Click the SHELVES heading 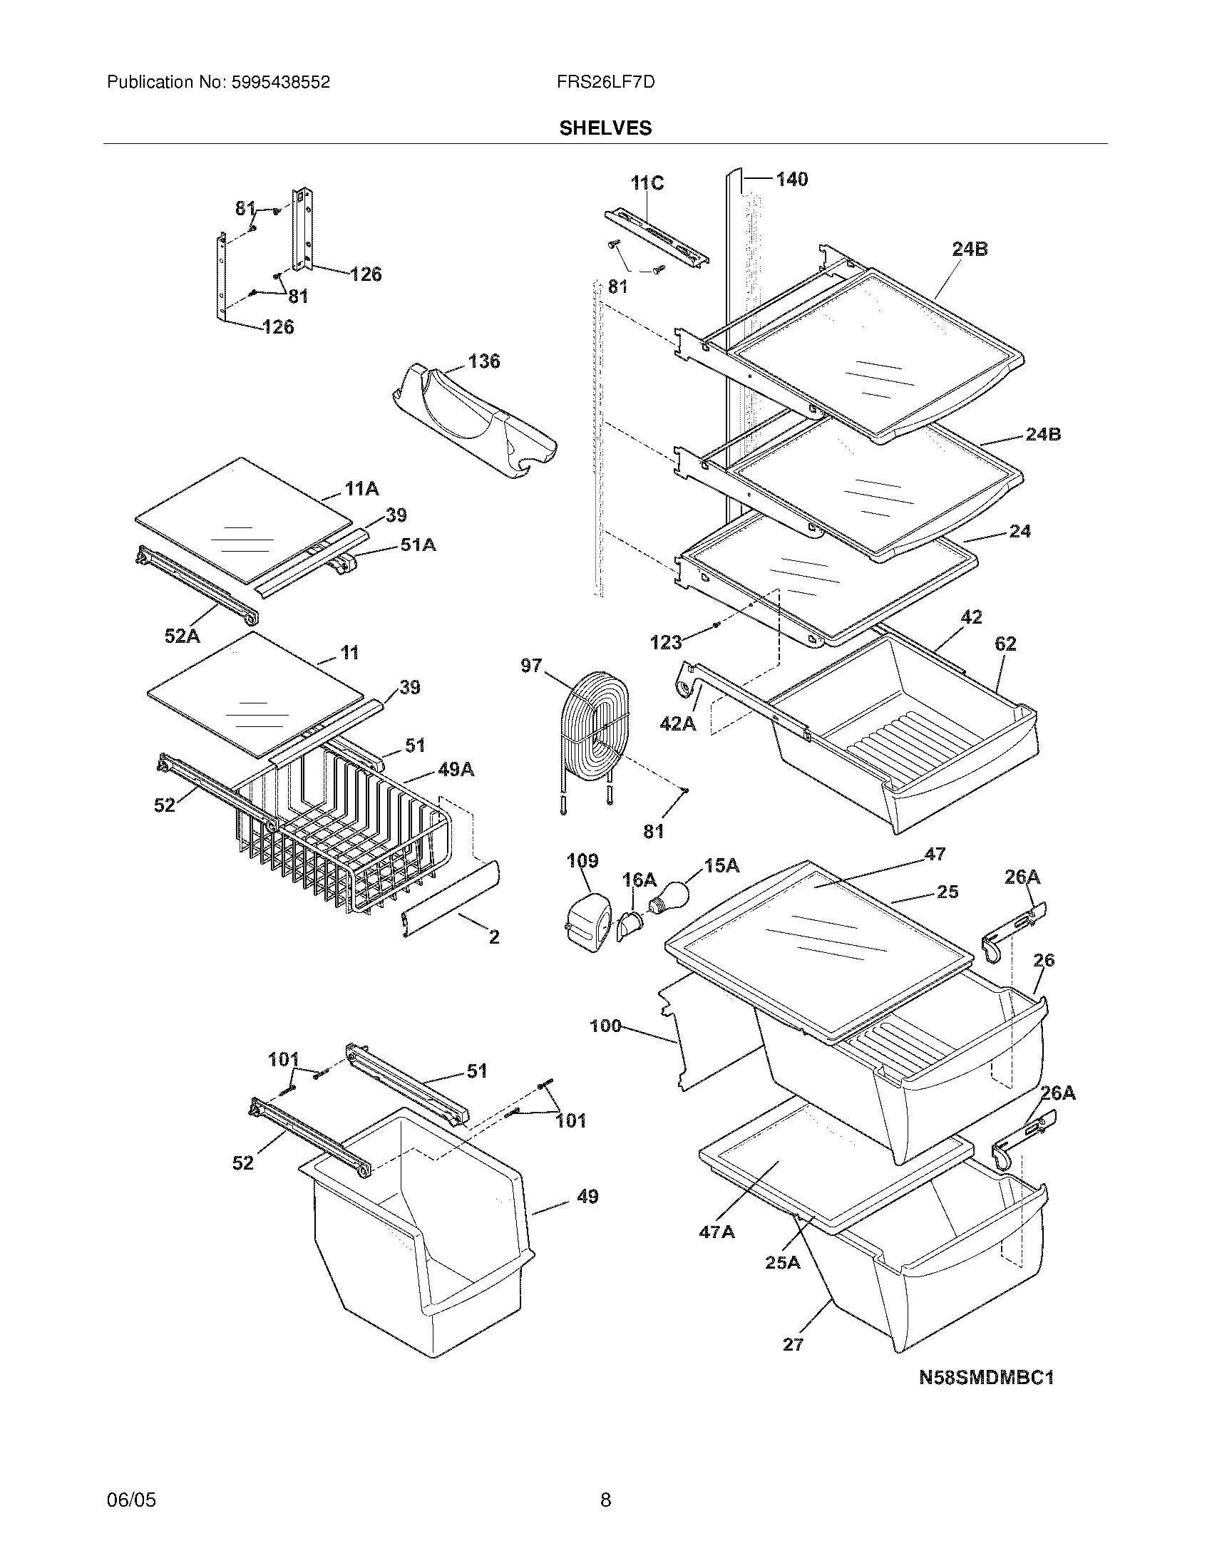click(x=605, y=128)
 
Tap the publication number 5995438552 click(x=279, y=83)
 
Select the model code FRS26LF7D click(x=605, y=83)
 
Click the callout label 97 click(x=531, y=666)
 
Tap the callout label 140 click(x=791, y=179)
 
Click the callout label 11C click(x=647, y=184)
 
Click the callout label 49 click(x=587, y=1196)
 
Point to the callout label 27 click(x=793, y=1344)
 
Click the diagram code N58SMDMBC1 click(x=987, y=1377)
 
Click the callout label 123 click(x=665, y=643)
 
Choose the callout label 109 click(x=582, y=860)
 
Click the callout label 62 click(x=1005, y=644)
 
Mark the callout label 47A click(x=717, y=1232)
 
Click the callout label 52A click(x=182, y=635)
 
